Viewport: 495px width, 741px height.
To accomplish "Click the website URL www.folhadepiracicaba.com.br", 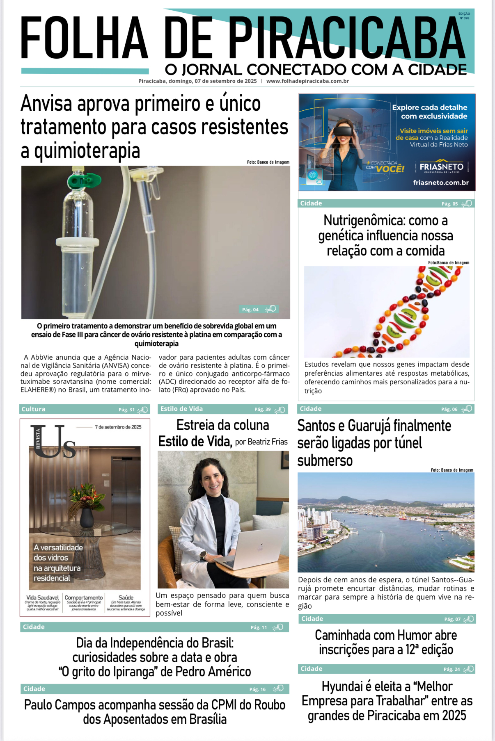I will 307,81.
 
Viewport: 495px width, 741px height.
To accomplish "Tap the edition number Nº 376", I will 464,18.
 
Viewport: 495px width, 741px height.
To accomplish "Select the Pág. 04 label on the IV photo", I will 250,310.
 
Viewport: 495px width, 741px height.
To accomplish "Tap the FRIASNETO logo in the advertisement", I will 441,167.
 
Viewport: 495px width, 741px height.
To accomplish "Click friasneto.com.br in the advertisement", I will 440,183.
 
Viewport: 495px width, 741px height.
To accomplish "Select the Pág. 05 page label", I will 449,204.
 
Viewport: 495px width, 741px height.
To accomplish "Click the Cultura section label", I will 34,409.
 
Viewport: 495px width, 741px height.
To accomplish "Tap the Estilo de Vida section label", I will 181,409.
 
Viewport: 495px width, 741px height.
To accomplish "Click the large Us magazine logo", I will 53,441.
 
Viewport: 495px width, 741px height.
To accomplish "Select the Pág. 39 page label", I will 262,409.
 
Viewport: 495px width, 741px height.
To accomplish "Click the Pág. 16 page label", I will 257,689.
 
